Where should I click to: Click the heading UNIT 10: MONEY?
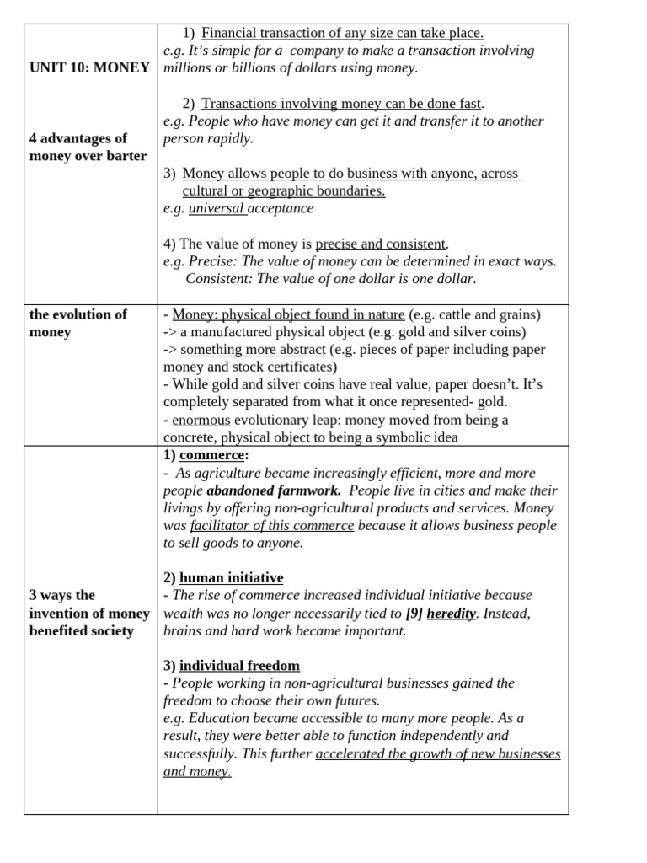click(88, 67)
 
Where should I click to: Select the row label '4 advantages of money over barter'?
click(88, 147)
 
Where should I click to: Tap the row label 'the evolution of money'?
click(78, 323)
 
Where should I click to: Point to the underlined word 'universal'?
click(216, 208)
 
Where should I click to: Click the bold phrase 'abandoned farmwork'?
click(273, 490)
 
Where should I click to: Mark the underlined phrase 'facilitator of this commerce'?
click(272, 525)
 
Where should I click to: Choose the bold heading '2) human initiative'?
click(223, 577)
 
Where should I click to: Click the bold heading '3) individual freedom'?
click(232, 665)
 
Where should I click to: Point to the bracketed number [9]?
click(414, 613)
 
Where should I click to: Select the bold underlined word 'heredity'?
click(452, 613)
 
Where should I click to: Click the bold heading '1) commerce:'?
click(206, 455)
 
